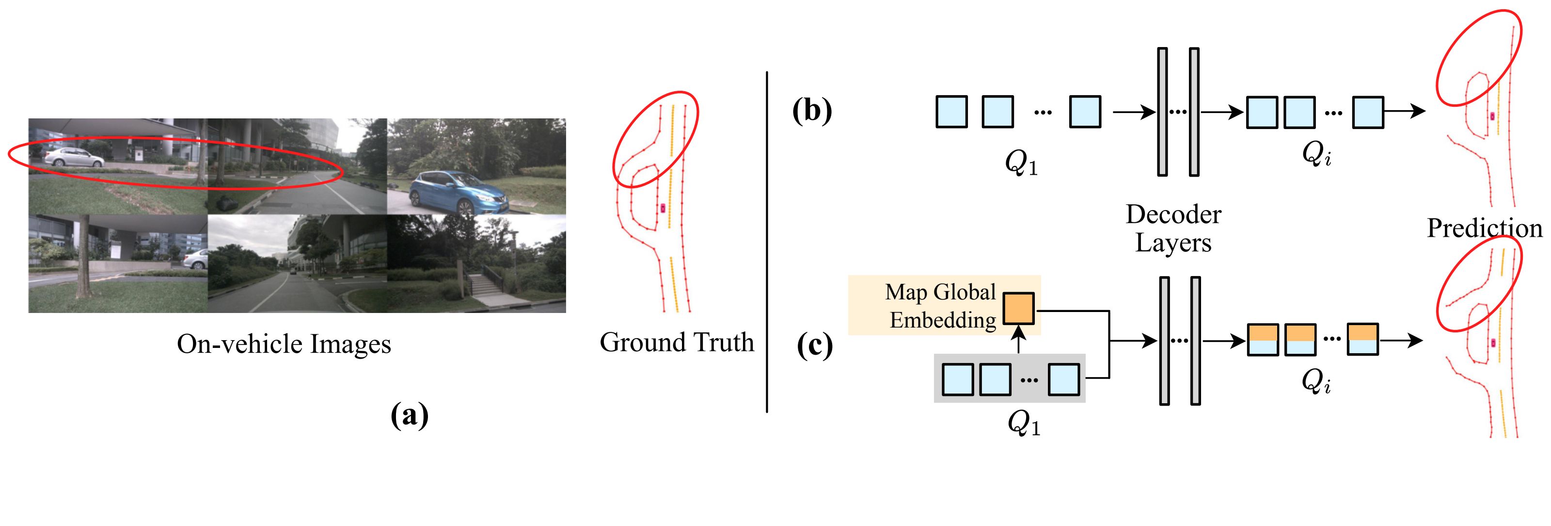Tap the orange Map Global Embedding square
1018,309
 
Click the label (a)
410,415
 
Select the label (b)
812,111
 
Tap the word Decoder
1173,214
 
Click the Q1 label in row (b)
1022,163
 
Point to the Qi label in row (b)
1316,153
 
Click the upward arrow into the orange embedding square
1018,339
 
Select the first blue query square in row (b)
952,112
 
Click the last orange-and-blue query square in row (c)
1362,339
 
